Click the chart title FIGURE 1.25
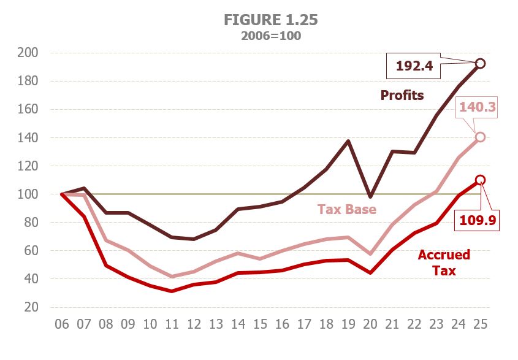[x=270, y=20]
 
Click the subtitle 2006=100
[x=270, y=36]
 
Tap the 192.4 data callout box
[x=414, y=66]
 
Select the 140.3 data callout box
[x=476, y=109]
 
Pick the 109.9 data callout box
[x=476, y=218]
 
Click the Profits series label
[x=402, y=96]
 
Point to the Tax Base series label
[x=346, y=209]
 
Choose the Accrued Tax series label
[x=444, y=262]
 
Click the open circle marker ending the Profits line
[x=481, y=63]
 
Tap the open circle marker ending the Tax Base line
[x=481, y=137]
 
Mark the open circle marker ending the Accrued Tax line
[x=481, y=180]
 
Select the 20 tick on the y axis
[x=31, y=307]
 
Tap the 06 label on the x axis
[x=62, y=323]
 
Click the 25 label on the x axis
[x=481, y=323]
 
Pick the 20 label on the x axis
[x=370, y=323]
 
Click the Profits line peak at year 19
[x=348, y=141]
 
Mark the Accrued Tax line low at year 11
[x=172, y=291]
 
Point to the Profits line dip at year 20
[x=370, y=197]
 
